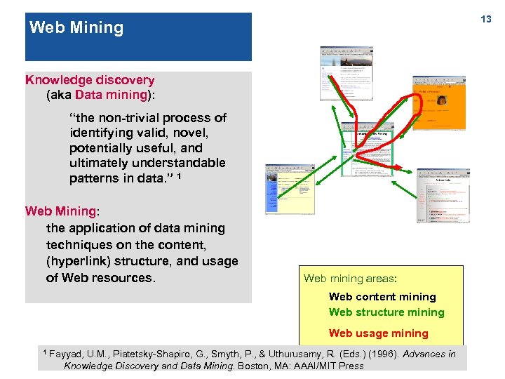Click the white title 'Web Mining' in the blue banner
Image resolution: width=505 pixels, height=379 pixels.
tap(76, 28)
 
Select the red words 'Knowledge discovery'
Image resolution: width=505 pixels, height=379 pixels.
tap(90, 80)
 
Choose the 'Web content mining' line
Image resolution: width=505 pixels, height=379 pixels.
tap(382, 297)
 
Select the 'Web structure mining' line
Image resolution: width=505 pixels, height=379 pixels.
tap(386, 312)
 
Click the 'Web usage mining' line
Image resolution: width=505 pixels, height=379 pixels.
tap(378, 333)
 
